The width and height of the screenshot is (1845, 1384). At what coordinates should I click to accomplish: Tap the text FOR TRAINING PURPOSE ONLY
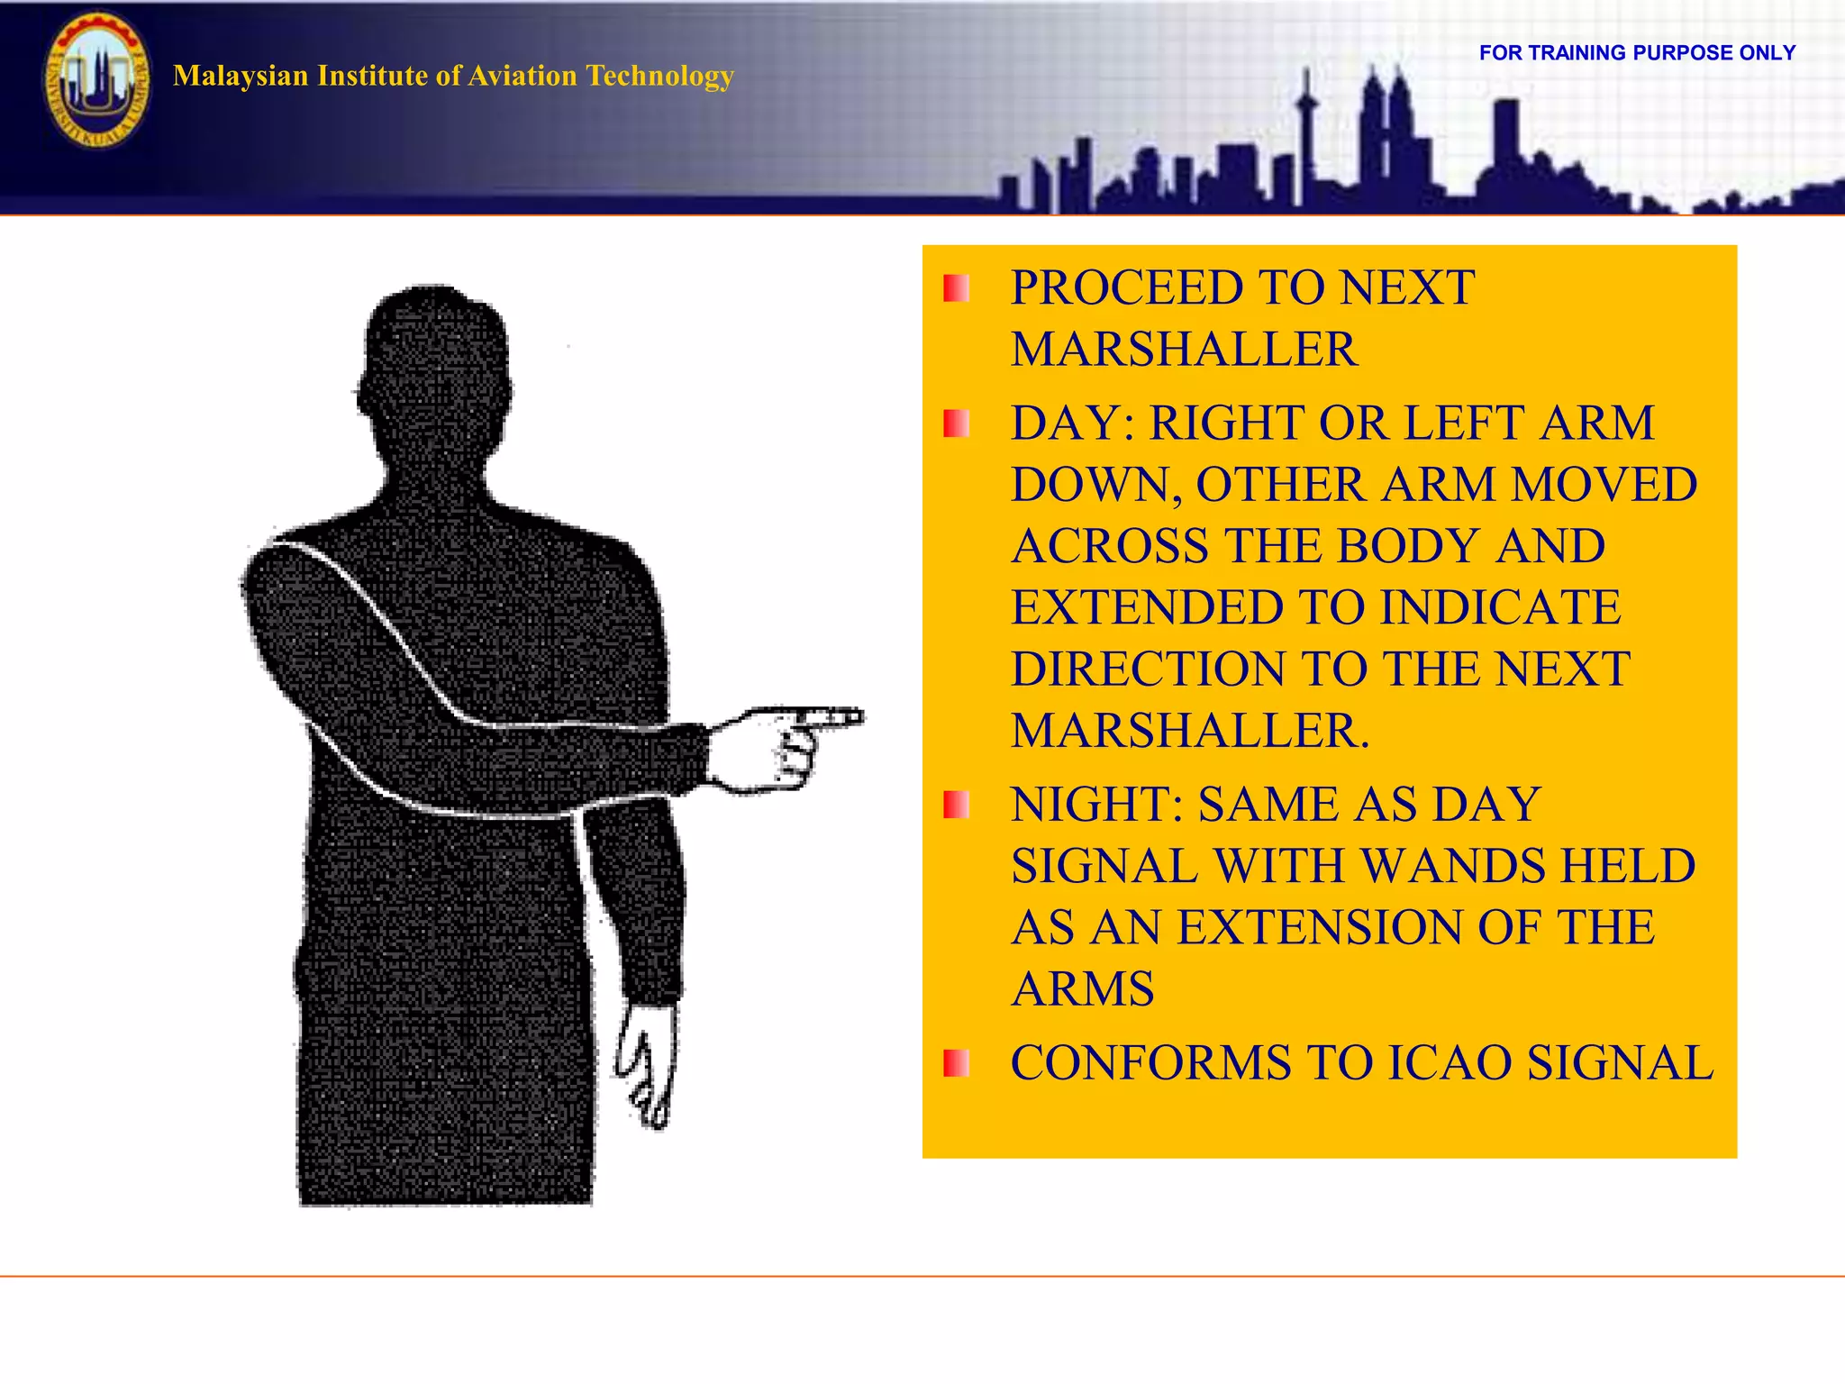pos(1637,53)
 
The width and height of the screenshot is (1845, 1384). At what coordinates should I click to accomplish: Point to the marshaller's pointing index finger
pos(833,718)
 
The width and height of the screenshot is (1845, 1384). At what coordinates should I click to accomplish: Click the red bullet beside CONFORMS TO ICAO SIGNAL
pos(956,1063)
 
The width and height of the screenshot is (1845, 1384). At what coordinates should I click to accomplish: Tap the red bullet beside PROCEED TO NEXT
pos(956,288)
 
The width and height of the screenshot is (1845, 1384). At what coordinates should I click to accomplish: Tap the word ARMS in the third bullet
pos(1083,989)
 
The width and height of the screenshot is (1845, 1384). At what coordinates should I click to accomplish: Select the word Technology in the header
pos(659,76)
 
